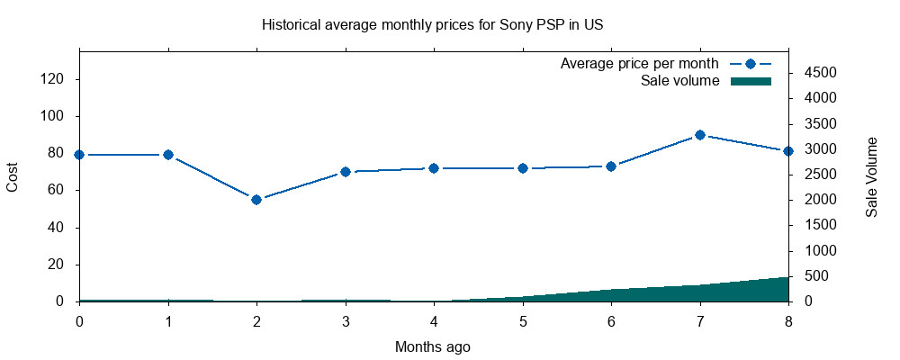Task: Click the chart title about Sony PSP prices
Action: coord(432,24)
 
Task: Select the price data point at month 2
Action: coord(256,200)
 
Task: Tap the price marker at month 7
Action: coord(700,135)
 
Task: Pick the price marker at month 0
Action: coord(79,155)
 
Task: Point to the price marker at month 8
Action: coord(788,151)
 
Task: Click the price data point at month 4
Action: coord(434,168)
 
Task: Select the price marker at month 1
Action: coord(168,155)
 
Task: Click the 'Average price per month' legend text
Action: coord(639,64)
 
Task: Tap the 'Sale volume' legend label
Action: coord(679,81)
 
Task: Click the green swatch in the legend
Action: coord(751,81)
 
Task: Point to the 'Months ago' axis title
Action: coord(432,346)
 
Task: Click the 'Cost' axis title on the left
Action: coord(13,176)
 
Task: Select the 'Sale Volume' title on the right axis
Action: coord(871,176)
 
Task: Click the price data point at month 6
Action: coord(611,166)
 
